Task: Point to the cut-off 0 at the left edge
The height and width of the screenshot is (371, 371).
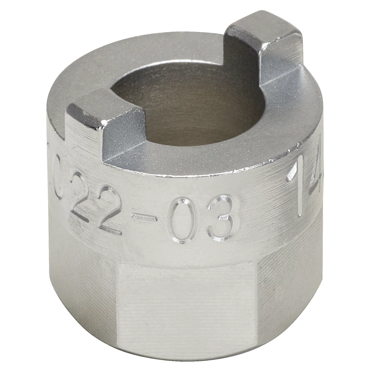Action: (58, 174)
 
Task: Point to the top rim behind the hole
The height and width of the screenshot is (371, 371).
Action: (152, 54)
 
